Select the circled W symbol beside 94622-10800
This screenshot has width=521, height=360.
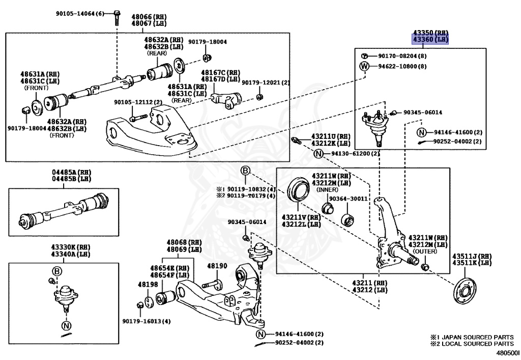coord(364,66)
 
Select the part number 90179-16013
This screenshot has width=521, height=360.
coord(146,321)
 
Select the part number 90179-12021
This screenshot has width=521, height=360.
coord(265,82)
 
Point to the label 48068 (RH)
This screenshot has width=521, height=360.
coord(180,242)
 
